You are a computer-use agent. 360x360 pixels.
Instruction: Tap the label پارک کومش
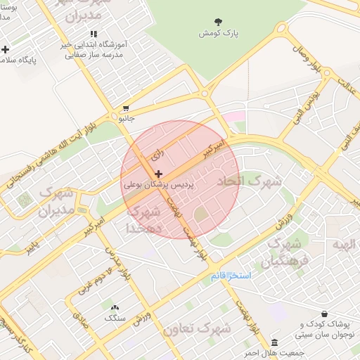(x=214, y=33)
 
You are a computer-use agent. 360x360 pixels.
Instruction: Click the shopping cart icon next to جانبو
(x=126, y=108)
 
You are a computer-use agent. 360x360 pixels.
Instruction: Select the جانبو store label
(x=126, y=119)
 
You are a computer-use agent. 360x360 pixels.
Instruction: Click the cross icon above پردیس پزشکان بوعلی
(x=158, y=174)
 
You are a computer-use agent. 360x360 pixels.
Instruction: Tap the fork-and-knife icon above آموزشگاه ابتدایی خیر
(x=94, y=34)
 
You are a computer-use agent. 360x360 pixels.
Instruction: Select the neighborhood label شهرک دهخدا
(x=144, y=219)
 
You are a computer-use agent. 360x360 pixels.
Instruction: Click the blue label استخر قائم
(x=231, y=275)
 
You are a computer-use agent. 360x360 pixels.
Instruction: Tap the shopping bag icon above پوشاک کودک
(x=324, y=314)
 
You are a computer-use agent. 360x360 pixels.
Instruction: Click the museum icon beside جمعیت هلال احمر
(x=274, y=342)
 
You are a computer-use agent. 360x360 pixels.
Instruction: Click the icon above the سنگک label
(x=115, y=307)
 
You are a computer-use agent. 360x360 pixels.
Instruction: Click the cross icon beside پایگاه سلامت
(x=6, y=50)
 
